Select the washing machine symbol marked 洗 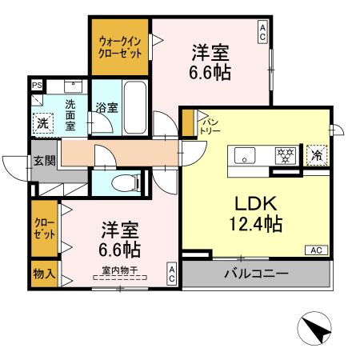(43, 122)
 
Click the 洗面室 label (71, 113)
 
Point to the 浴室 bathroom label (104, 106)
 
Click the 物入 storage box (44, 273)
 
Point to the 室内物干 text (121, 270)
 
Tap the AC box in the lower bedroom (172, 274)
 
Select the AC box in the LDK (317, 250)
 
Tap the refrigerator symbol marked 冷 (316, 154)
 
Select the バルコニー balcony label (256, 274)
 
